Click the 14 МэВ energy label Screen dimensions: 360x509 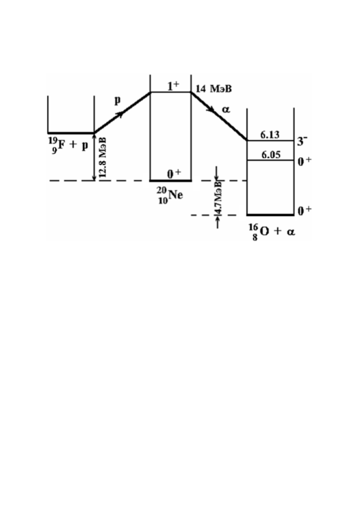[214, 89]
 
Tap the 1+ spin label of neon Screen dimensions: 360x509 [173, 86]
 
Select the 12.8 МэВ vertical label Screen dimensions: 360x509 [103, 157]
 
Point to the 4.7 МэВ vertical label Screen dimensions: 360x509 [218, 197]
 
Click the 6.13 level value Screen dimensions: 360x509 [270, 135]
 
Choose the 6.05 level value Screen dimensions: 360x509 [271, 155]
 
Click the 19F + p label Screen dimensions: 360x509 [68, 145]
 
